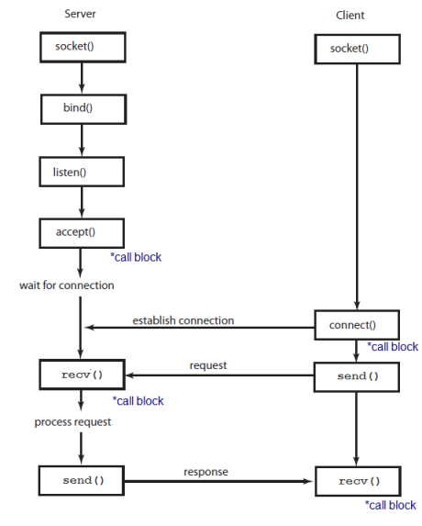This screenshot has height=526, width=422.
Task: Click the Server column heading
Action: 80,15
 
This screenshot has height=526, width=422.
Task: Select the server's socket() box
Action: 81,46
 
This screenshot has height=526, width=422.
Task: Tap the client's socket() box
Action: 358,50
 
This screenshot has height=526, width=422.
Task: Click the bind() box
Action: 81,108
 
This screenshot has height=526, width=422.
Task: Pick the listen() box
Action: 81,171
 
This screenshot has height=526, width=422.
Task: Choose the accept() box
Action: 81,232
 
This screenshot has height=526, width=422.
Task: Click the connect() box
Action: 358,325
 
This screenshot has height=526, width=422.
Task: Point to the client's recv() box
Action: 358,481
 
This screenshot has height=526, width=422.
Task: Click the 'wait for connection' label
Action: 67,285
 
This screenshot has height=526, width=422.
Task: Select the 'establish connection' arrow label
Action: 183,320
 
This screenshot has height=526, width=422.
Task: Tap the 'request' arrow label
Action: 208,365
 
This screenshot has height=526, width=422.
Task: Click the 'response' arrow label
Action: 206,471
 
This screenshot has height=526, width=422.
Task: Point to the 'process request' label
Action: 73,421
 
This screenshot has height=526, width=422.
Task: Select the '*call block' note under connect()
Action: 392,347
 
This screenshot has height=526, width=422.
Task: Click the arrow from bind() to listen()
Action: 82,140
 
